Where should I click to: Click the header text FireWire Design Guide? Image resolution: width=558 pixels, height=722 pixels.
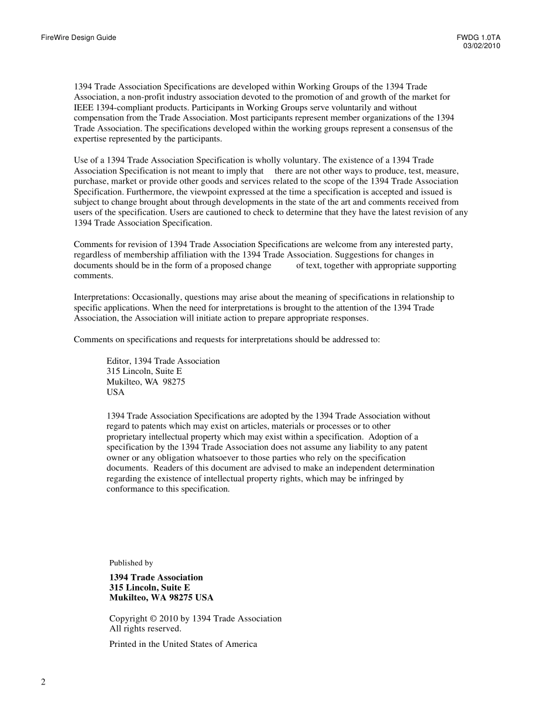79,38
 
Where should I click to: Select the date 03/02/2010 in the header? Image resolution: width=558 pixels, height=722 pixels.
482,46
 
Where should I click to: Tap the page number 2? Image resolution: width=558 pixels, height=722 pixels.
43,681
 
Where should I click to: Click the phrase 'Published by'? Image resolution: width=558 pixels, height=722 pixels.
131,563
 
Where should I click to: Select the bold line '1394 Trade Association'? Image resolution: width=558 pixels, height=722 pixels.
156,578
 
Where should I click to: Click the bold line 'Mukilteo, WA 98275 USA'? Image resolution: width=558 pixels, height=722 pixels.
162,598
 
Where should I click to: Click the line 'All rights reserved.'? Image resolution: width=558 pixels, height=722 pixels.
145,629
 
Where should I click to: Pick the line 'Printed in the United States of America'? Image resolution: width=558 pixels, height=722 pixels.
183,644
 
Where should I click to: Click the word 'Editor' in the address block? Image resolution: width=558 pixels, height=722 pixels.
118,361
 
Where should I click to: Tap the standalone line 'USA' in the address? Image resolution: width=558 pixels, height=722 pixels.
116,393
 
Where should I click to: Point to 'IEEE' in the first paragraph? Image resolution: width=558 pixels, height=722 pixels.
83,107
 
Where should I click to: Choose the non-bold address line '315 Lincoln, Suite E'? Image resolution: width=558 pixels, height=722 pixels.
144,372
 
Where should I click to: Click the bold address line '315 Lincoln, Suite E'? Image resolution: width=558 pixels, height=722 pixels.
150,588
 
